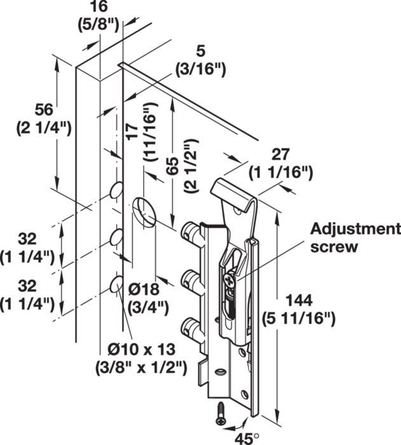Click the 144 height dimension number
point(299,301)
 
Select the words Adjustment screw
point(355,238)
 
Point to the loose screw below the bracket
point(220,414)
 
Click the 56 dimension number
point(44,109)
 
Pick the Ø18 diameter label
point(144,290)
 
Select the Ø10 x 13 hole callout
point(141,350)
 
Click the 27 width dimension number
point(281,154)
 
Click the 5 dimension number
point(200,51)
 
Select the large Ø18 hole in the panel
point(144,212)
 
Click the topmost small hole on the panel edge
point(116,190)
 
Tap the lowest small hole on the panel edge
point(116,284)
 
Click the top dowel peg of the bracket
point(191,232)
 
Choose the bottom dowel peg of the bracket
point(191,328)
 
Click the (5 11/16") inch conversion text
point(299,319)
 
